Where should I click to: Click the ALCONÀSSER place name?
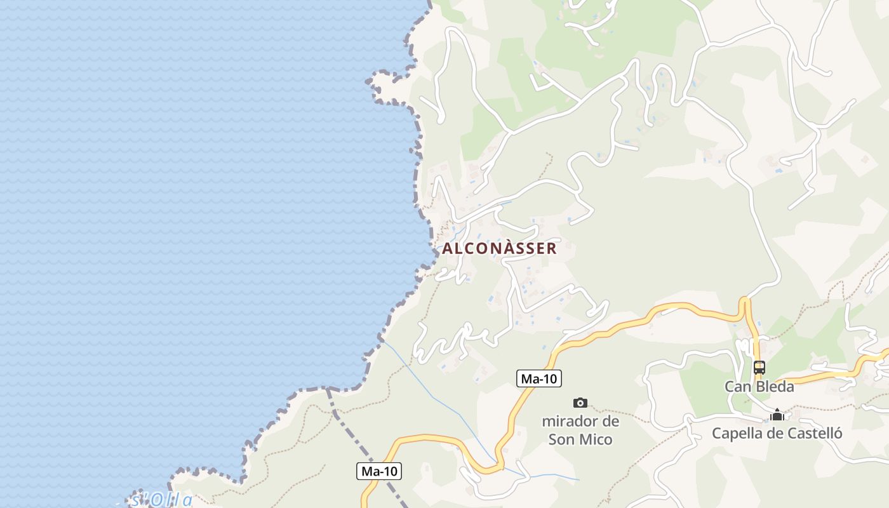coord(499,248)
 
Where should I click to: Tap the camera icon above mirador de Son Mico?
coord(580,403)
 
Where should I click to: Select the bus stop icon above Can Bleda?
coord(759,367)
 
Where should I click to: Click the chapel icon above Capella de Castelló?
coord(777,415)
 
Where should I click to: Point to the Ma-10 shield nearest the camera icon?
coord(538,379)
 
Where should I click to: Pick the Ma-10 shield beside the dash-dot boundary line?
coord(379,471)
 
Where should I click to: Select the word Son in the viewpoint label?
coord(561,439)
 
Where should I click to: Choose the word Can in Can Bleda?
coord(736,386)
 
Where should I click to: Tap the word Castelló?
coord(814,433)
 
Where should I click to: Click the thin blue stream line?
coord(438,400)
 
